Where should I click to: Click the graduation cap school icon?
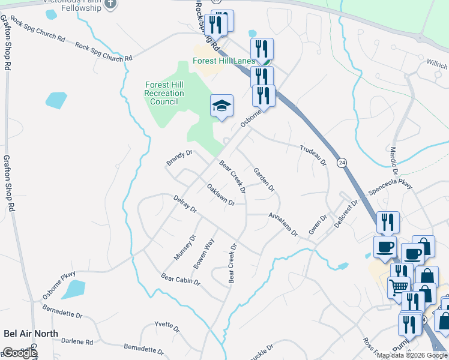click(x=221, y=106)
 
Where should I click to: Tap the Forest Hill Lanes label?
click(x=224, y=61)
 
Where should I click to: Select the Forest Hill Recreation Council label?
click(x=164, y=93)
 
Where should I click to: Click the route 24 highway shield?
click(x=342, y=163)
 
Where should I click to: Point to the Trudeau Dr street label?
click(x=312, y=155)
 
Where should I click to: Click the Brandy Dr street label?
click(x=179, y=158)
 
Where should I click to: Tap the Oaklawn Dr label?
click(x=220, y=194)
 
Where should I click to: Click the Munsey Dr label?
click(x=185, y=247)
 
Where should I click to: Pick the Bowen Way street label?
click(x=203, y=254)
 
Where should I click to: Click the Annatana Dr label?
click(x=283, y=224)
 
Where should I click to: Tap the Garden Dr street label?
click(x=264, y=179)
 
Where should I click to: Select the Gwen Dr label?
click(x=317, y=224)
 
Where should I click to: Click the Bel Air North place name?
click(x=31, y=334)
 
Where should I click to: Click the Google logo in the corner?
click(x=20, y=353)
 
